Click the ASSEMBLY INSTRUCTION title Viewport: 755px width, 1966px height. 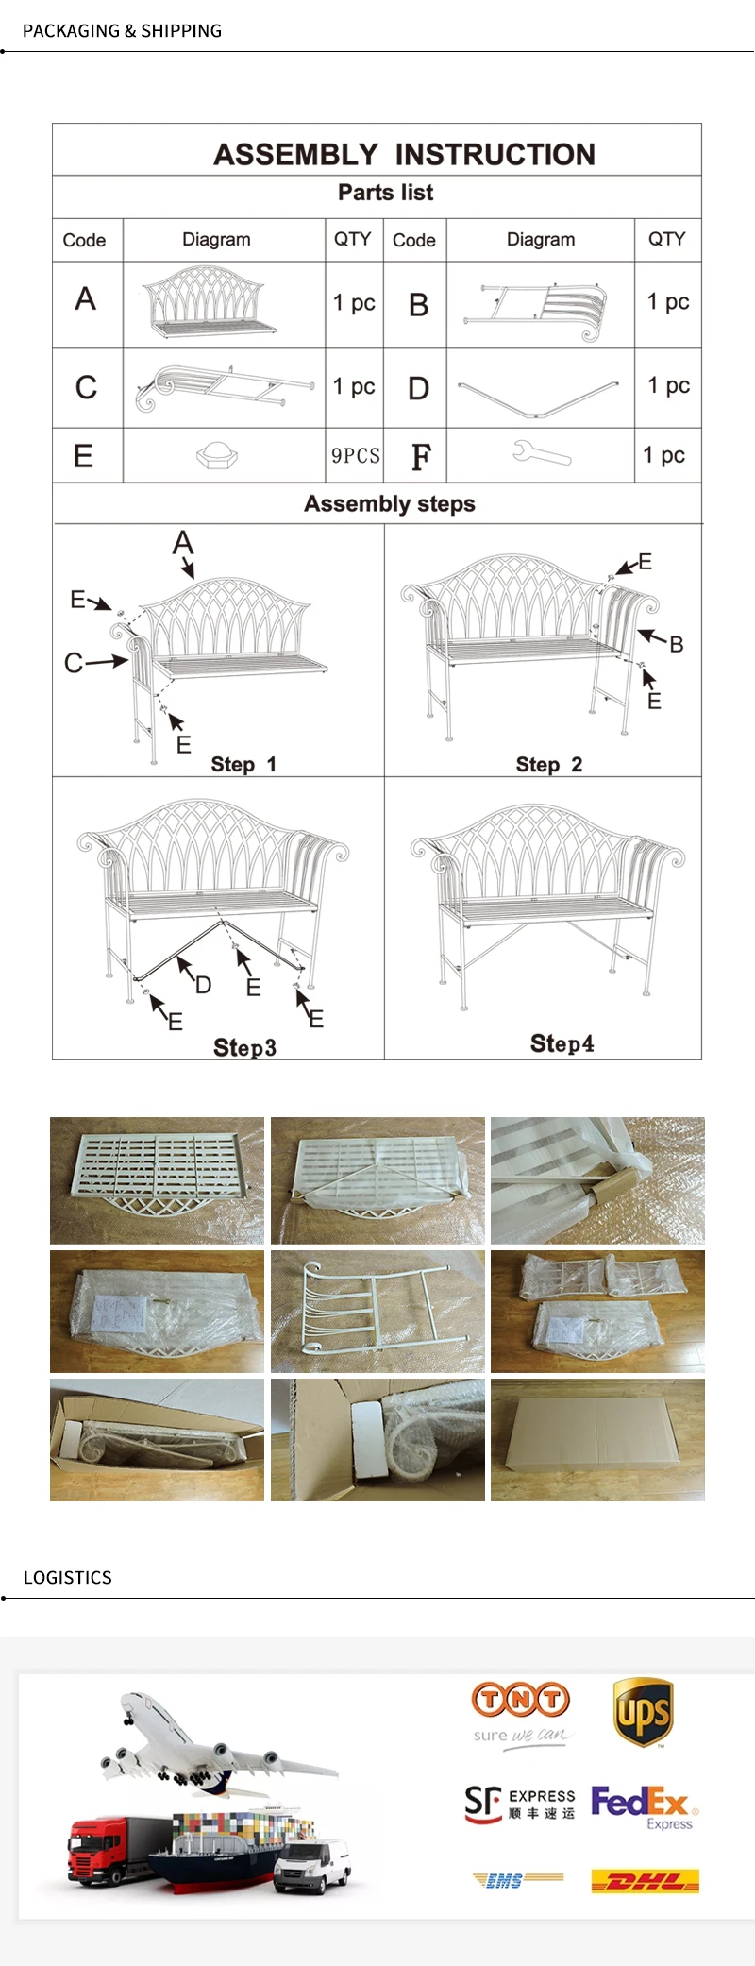[404, 154]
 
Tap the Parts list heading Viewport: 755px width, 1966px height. [385, 193]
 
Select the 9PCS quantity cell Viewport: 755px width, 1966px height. [355, 456]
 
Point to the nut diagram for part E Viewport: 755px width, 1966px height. [217, 455]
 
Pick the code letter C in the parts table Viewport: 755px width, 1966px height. [86, 387]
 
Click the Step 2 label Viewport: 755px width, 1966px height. [548, 764]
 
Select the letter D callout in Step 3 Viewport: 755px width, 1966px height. [203, 985]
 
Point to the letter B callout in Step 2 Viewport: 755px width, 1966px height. [676, 644]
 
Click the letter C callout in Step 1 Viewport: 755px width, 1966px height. [73, 663]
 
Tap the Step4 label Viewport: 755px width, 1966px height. [562, 1043]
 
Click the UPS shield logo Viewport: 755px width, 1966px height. [642, 1712]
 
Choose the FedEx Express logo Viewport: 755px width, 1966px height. [644, 1805]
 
